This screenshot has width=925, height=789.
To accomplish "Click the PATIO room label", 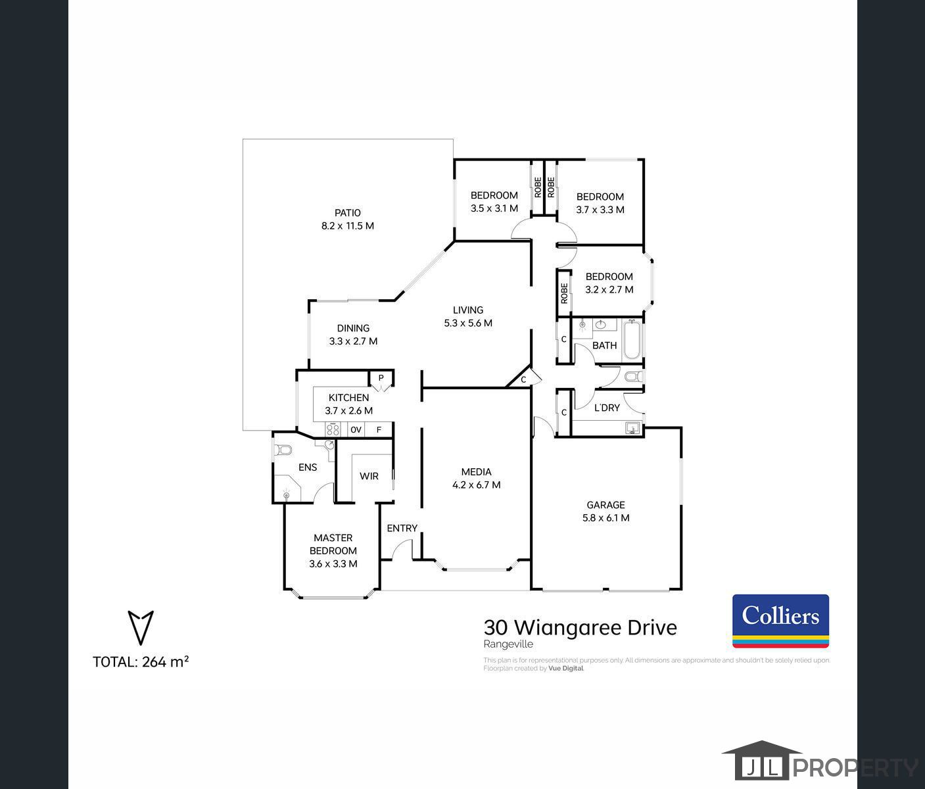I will coord(347,213).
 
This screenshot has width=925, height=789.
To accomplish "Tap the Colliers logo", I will coord(780,621).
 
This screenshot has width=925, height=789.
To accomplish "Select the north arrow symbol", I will coord(140,628).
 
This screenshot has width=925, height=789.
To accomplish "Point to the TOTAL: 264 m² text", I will coord(141,662).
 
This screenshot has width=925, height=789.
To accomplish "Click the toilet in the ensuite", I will coord(283,451).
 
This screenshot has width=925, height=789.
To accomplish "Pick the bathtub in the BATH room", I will coord(632,339).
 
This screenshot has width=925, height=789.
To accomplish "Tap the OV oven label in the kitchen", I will coord(356,430).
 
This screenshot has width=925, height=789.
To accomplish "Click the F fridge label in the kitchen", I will coord(379,430).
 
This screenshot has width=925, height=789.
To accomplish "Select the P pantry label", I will coord(381,378).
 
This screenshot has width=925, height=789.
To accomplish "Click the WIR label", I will coord(369,476).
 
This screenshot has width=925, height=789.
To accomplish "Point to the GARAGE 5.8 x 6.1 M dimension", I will coord(605,518).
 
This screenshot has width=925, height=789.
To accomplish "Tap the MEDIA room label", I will coord(476,472).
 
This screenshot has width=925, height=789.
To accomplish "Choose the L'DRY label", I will coord(607,408).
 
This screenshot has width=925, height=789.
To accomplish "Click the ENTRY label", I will coord(402,528).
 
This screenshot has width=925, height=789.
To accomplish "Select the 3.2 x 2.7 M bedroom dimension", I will coord(609,290).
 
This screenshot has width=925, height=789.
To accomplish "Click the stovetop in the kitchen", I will coord(333,430).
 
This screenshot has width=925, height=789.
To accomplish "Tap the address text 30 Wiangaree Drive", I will coord(580,627).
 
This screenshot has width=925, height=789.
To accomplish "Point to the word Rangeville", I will coord(508,645).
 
